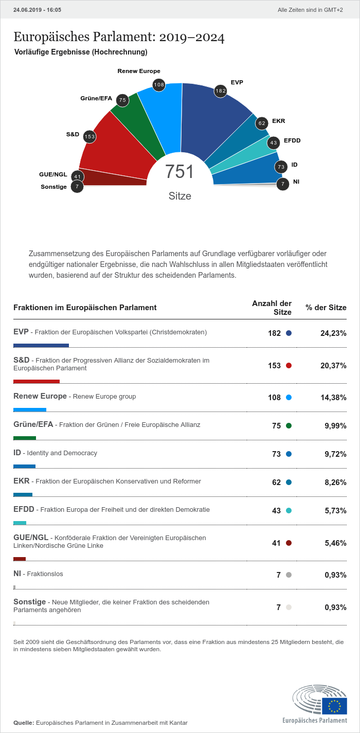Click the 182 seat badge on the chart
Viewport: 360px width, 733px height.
click(x=221, y=91)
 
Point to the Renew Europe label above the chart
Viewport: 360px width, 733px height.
click(x=139, y=71)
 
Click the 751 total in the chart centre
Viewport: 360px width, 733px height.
click(x=179, y=172)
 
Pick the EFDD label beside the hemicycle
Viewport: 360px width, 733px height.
click(x=292, y=140)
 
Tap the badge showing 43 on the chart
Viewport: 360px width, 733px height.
click(x=274, y=143)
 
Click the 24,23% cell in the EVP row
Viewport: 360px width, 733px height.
click(x=333, y=333)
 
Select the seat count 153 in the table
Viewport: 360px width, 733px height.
click(x=274, y=366)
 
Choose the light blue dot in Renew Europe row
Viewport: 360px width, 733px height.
click(x=289, y=398)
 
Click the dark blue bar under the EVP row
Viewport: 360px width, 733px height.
click(x=41, y=345)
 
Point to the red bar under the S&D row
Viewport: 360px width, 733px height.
click(x=37, y=381)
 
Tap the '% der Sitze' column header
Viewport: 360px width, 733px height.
click(x=326, y=308)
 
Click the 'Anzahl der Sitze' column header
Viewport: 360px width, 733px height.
click(x=272, y=308)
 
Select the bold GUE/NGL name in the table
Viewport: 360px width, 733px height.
click(x=31, y=538)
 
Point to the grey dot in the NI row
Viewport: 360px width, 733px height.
click(x=289, y=575)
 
